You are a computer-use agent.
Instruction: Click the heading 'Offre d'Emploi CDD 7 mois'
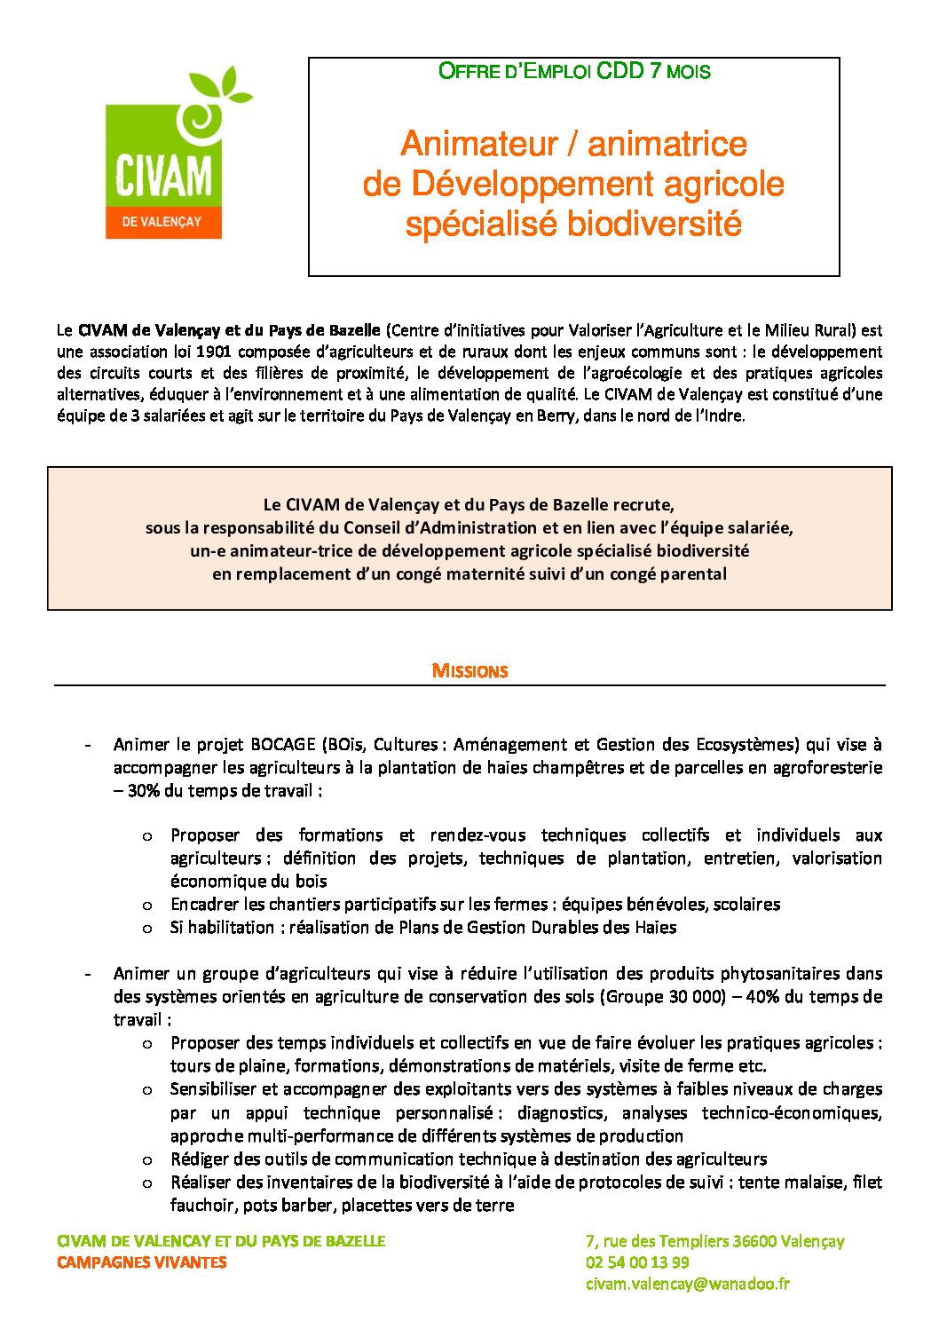(574, 71)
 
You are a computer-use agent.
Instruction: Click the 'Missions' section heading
(469, 671)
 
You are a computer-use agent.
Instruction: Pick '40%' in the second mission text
(762, 996)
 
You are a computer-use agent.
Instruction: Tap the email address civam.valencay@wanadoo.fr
(687, 1284)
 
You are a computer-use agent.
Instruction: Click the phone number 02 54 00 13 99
(636, 1262)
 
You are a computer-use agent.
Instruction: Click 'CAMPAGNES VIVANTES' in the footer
(141, 1262)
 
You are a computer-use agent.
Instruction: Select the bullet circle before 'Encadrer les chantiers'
(147, 905)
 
